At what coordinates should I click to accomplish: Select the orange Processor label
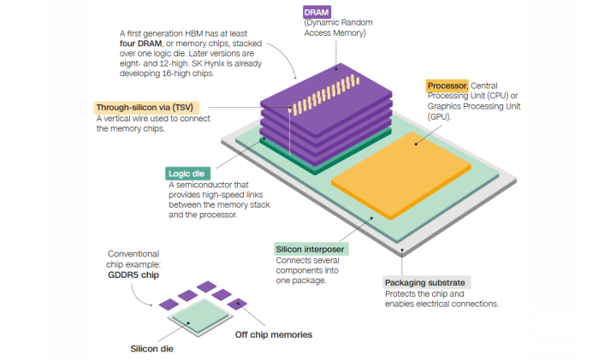(x=447, y=86)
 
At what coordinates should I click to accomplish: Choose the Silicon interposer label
(x=310, y=250)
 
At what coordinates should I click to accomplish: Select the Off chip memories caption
(x=274, y=334)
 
